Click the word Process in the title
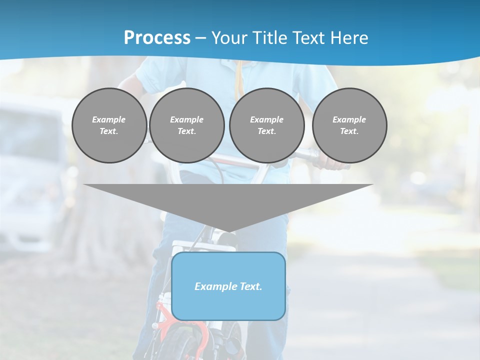[157, 38]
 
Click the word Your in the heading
[230, 38]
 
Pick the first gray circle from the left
[109, 125]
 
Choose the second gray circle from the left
[187, 125]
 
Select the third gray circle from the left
[267, 125]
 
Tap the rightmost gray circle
[349, 125]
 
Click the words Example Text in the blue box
[228, 286]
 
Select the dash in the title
[200, 38]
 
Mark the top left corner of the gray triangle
[84, 185]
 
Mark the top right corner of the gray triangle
[372, 185]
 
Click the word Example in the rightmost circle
[349, 119]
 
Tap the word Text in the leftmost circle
[108, 131]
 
